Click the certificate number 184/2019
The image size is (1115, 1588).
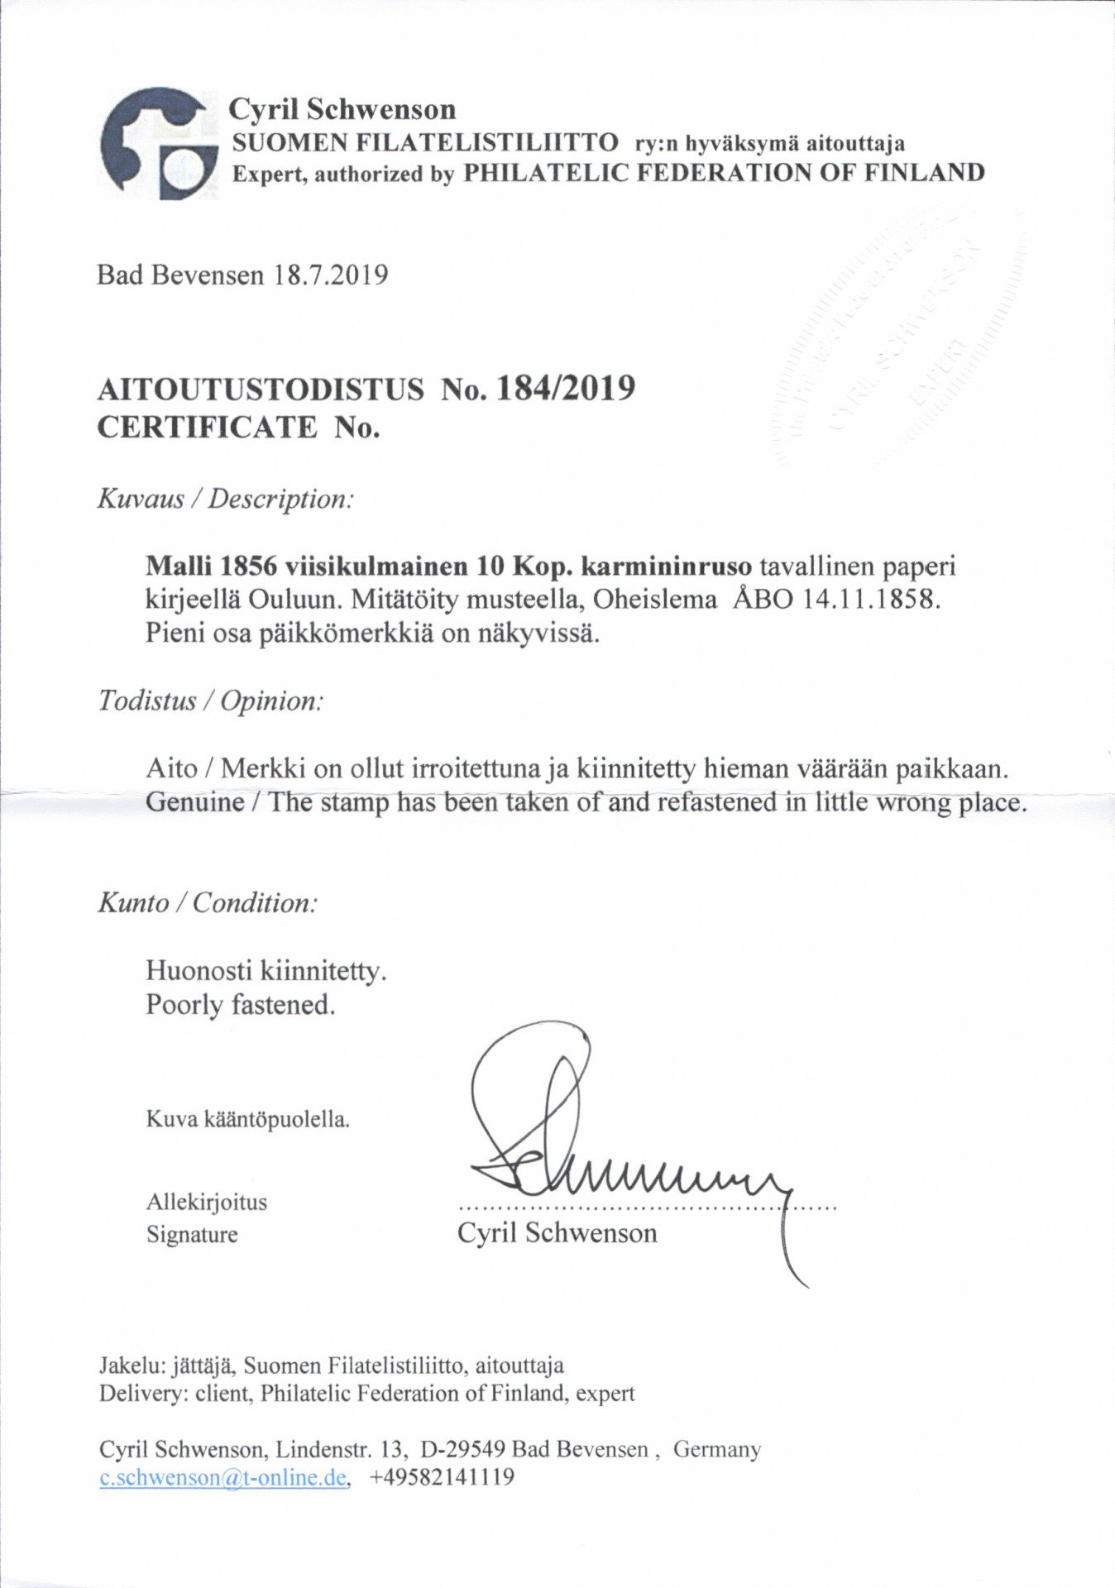[564, 387]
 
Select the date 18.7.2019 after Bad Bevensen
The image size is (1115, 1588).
[329, 275]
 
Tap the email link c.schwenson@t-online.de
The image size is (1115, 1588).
[223, 1477]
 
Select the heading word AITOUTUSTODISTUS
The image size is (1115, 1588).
[261, 388]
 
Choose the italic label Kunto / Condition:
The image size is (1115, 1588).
[208, 902]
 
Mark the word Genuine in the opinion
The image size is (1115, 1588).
[195, 802]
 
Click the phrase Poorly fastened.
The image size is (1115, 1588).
[241, 1005]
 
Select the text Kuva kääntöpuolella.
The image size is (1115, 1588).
[247, 1120]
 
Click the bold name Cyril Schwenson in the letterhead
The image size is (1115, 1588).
[342, 109]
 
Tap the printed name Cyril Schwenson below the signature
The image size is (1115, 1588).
[557, 1233]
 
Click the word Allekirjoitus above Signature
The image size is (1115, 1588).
[207, 1202]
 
